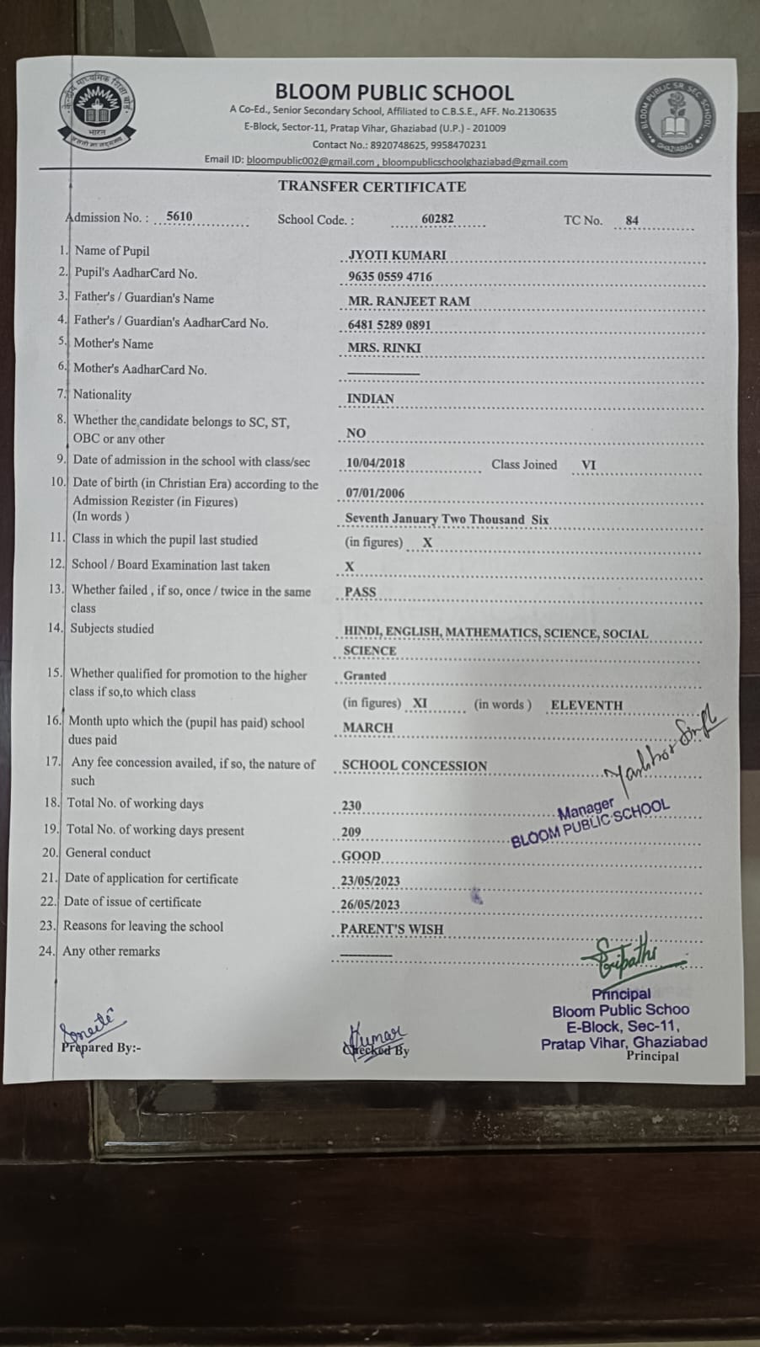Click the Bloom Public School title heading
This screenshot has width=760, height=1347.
pos(393,92)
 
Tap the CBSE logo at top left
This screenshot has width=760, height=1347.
pos(94,112)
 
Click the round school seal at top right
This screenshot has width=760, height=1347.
pos(677,119)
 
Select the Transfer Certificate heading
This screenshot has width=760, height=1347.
pos(372,187)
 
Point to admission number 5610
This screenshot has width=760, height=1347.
pos(179,216)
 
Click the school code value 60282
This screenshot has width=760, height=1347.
pos(437,219)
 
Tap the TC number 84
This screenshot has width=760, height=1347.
pos(632,221)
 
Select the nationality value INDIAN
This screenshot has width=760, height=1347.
pos(370,399)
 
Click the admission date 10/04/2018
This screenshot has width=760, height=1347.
pos(375,463)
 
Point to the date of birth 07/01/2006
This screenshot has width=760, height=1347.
pos(375,493)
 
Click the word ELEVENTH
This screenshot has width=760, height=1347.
pos(586,705)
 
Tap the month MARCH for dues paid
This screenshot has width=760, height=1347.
pos(367,727)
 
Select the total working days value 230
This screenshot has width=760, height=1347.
pos(351,806)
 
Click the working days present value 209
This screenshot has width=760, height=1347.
pos(351,832)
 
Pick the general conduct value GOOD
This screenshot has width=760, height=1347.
pos(361,856)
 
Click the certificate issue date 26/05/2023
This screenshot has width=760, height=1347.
pos(370,905)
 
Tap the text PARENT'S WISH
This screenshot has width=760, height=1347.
pos(391,929)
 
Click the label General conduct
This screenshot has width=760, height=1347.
pos(108,853)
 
